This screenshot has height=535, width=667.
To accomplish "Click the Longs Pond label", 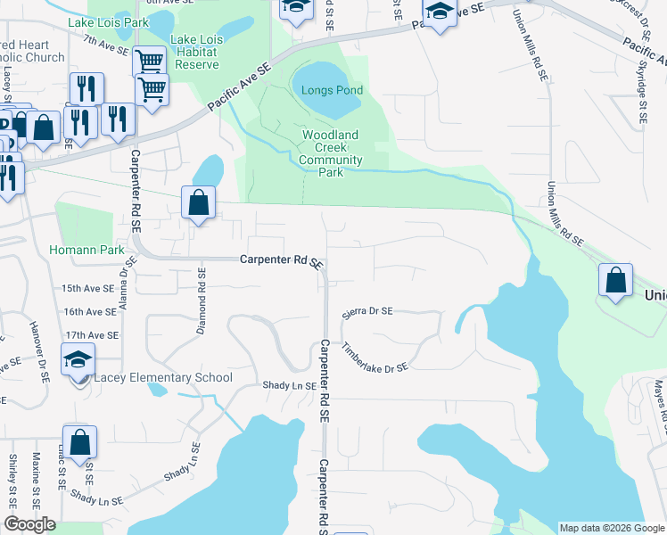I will coord(332,90).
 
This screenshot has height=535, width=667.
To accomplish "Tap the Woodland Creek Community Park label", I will coord(330,153).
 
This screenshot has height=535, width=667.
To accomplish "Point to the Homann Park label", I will coord(86,250).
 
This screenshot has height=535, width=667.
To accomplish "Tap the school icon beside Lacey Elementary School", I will coord(78,361).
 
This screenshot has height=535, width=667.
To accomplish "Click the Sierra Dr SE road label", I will coord(367,313).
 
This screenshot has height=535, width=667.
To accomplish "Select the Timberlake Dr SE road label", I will coord(375,356).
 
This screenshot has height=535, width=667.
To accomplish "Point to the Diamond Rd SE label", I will coord(202,301).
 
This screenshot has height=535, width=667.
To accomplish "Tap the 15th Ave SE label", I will coord(89,289).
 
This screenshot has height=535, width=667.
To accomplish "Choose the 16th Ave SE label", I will coord(89,311).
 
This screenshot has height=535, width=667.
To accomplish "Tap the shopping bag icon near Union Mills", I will coord(615,280).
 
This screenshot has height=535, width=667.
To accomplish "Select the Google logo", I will coord(29,524).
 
